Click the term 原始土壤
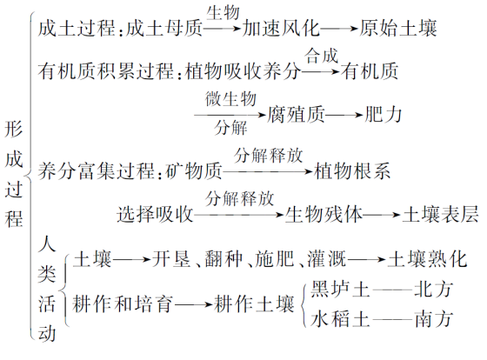tap(398, 28)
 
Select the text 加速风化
tap(281, 28)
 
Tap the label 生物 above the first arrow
tap(223, 13)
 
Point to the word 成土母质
tap(164, 28)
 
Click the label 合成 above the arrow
tap(321, 56)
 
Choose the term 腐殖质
tap(296, 115)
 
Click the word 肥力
tap(383, 115)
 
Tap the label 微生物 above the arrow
tap(230, 99)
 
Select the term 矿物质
tap(194, 170)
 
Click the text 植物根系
tap(352, 170)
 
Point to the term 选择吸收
tap(155, 214)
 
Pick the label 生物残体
tap(324, 214)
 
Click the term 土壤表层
tap(440, 214)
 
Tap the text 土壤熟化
tap(427, 259)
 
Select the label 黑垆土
tap(340, 289)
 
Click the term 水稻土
tap(340, 318)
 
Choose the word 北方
tap(434, 289)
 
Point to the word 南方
tap(434, 318)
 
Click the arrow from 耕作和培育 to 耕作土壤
tap(193, 304)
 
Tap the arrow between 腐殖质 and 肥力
tap(344, 116)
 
